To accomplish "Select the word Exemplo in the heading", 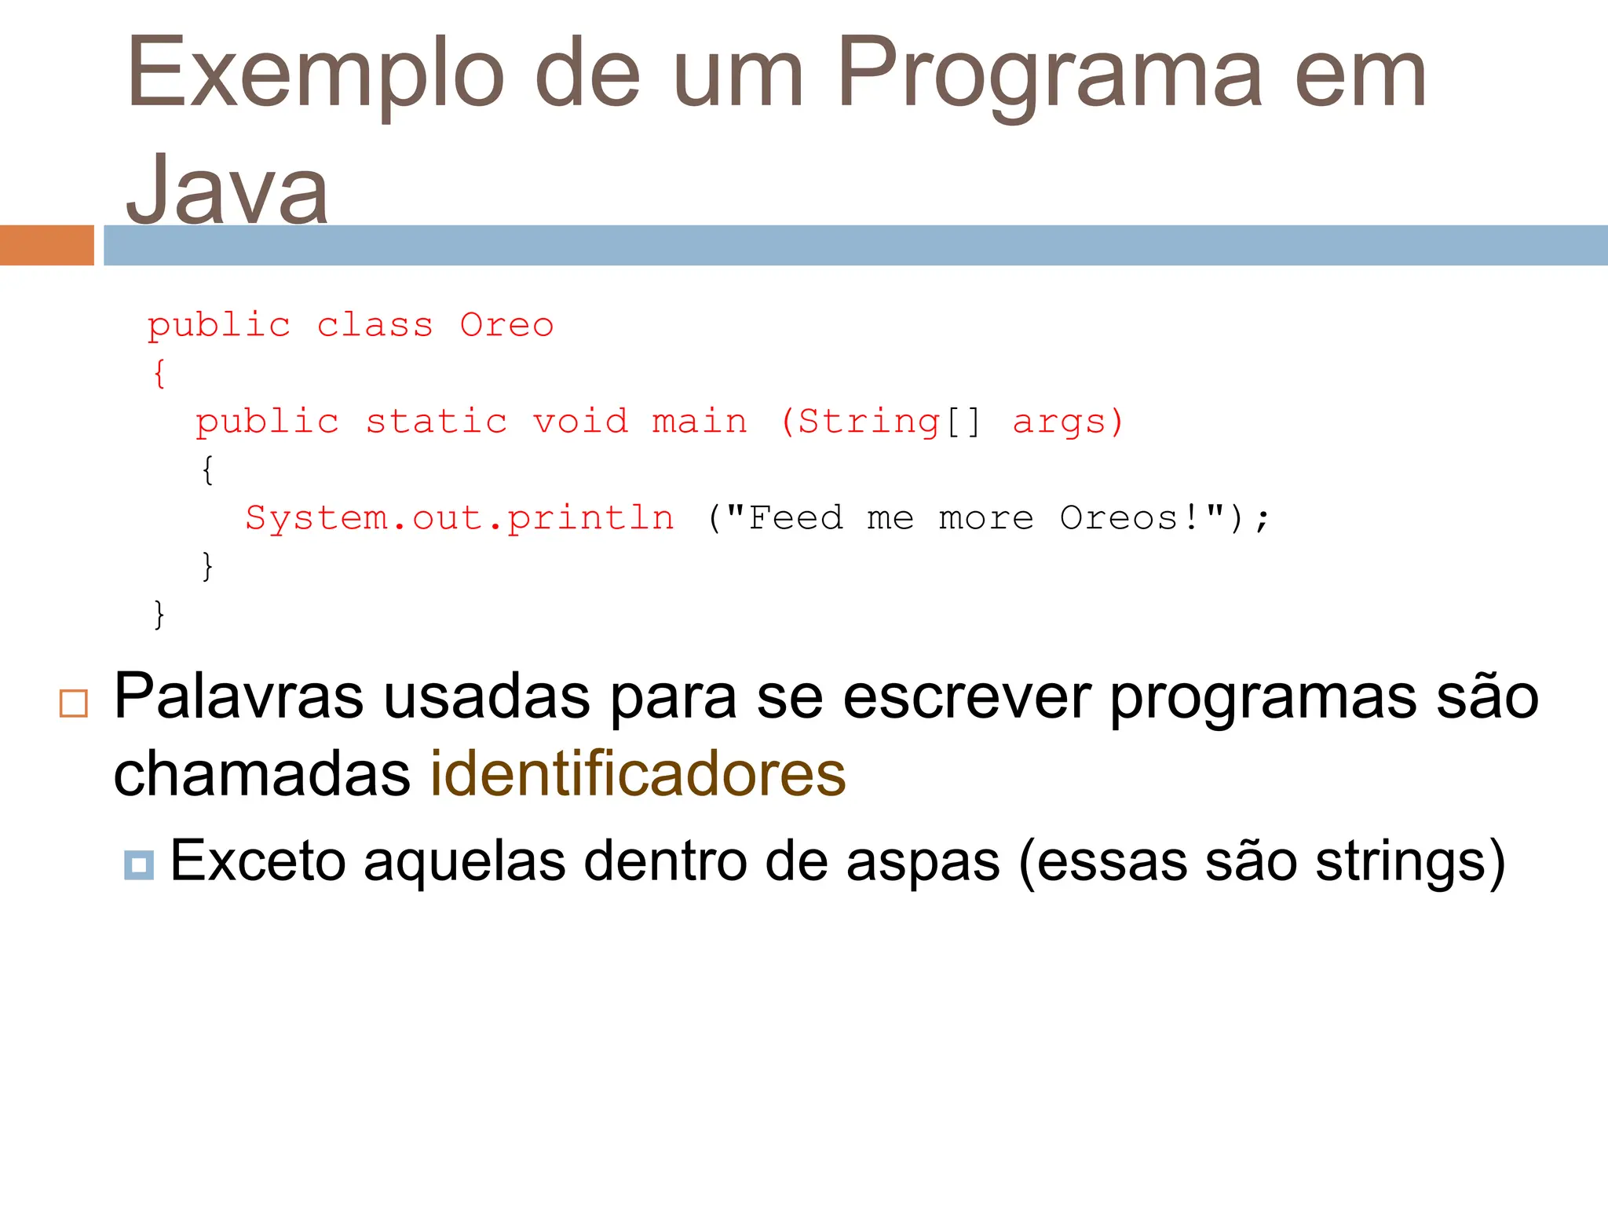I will tap(315, 75).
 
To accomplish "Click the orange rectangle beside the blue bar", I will tap(46, 245).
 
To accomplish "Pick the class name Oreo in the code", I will tap(506, 325).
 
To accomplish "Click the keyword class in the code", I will tap(375, 325).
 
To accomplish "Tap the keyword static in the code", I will tap(437, 422).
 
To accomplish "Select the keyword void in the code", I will tap(581, 422).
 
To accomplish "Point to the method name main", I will tap(700, 422).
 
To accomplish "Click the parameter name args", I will tap(1060, 422).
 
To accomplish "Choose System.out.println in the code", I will tap(459, 518).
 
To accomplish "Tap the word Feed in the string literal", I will tap(795, 518).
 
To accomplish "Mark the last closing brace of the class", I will tap(159, 614).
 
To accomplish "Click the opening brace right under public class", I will tap(159, 374).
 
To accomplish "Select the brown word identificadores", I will tap(638, 774).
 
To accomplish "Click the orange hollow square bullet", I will tap(74, 703).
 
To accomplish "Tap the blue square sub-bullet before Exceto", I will tap(139, 865).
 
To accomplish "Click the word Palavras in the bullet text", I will tap(239, 696).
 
